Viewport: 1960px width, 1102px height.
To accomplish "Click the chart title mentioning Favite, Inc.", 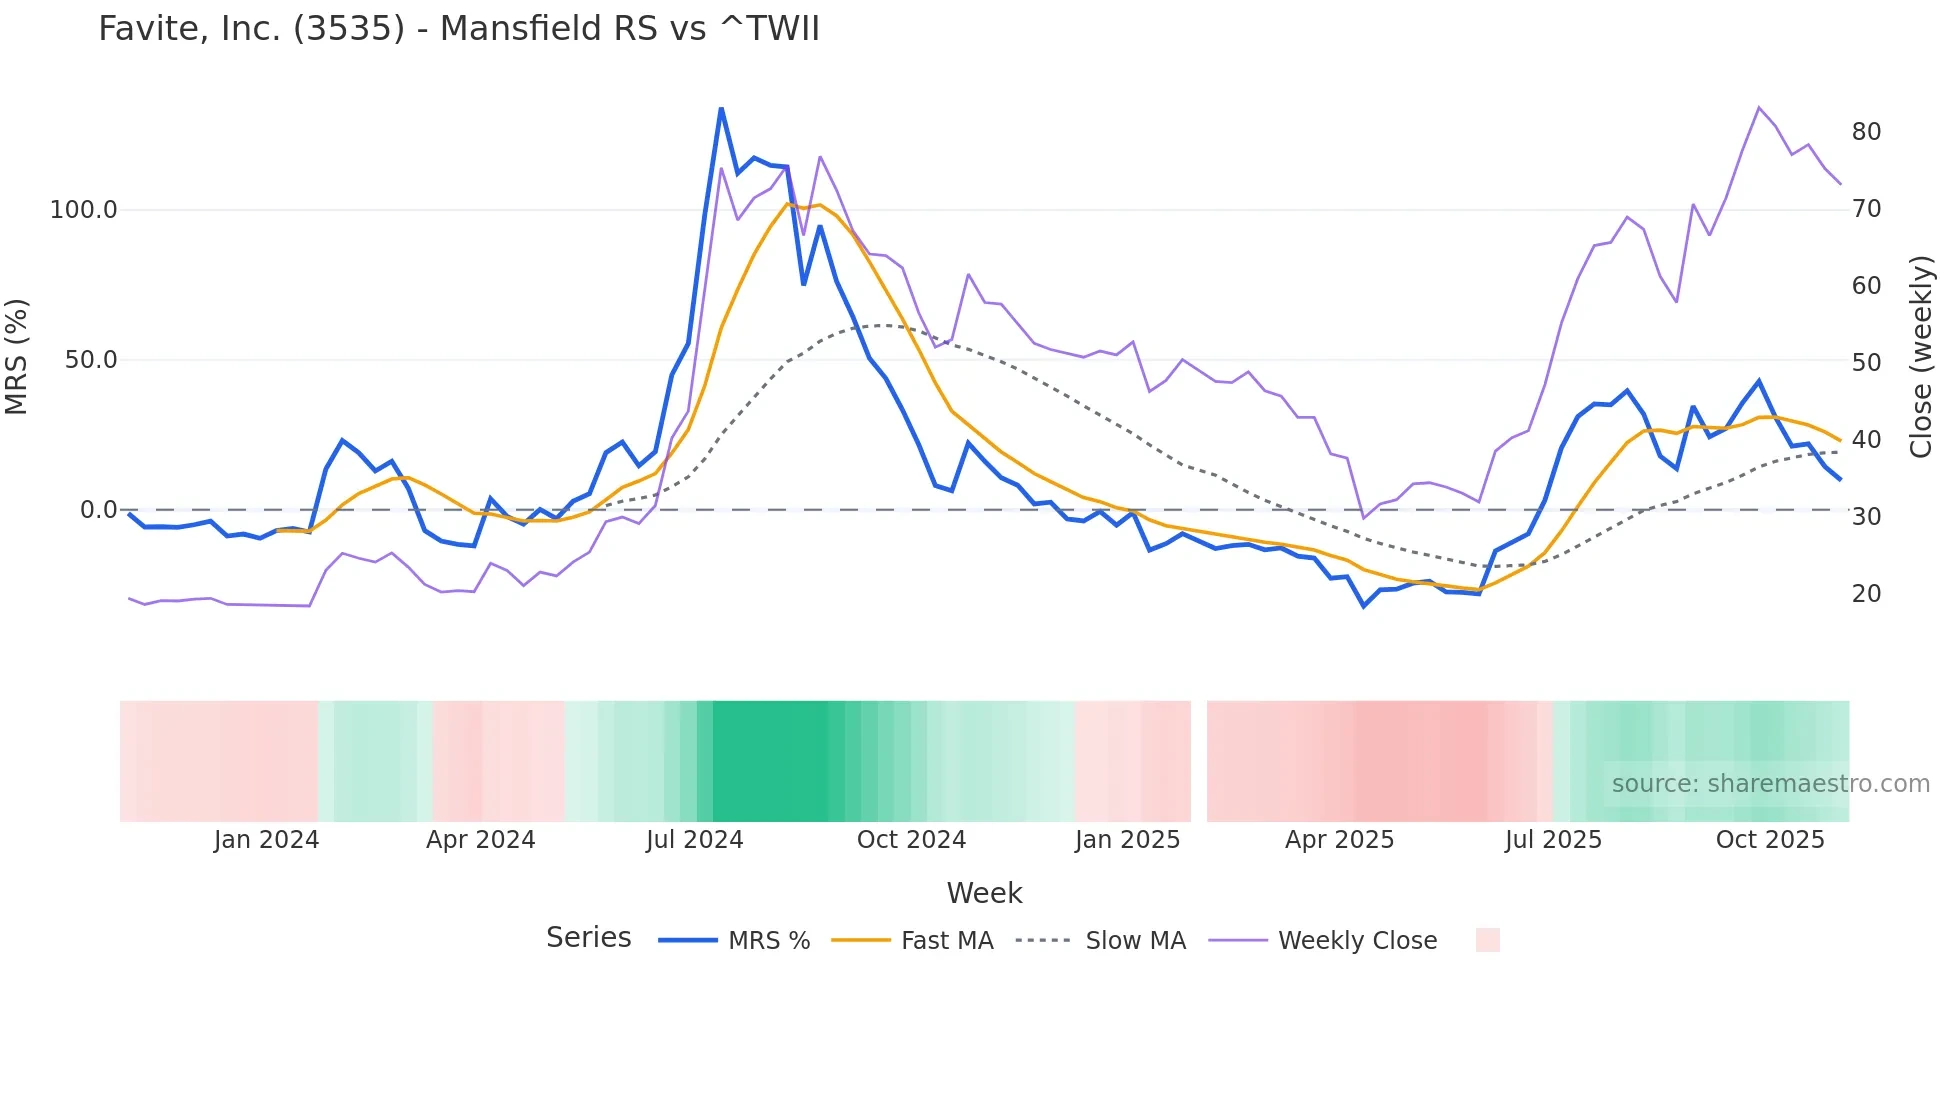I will click(458, 29).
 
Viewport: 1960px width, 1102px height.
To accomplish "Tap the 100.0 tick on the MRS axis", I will click(84, 210).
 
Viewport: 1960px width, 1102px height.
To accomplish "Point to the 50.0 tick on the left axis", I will click(91, 360).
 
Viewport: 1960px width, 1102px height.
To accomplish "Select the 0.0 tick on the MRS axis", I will click(98, 510).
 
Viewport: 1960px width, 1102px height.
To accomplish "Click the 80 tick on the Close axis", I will click(1866, 132).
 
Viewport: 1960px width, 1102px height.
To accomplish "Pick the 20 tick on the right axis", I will click(1866, 594).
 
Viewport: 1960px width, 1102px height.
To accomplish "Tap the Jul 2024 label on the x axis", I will click(694, 840).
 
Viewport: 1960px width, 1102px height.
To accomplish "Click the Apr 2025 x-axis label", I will click(1339, 840).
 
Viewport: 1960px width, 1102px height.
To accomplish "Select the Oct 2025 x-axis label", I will click(1770, 840).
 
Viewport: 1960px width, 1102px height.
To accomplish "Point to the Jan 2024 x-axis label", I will click(266, 840).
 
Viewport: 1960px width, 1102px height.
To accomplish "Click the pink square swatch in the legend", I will click(1487, 940).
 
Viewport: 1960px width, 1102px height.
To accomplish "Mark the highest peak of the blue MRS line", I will click(721, 108).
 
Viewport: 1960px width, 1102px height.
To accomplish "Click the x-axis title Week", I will click(984, 893).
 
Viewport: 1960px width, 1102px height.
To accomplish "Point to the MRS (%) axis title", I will click(16, 357).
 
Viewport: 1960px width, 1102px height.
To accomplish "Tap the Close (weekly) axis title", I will click(1921, 357).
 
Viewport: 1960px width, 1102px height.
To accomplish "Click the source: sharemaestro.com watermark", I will click(1770, 784).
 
